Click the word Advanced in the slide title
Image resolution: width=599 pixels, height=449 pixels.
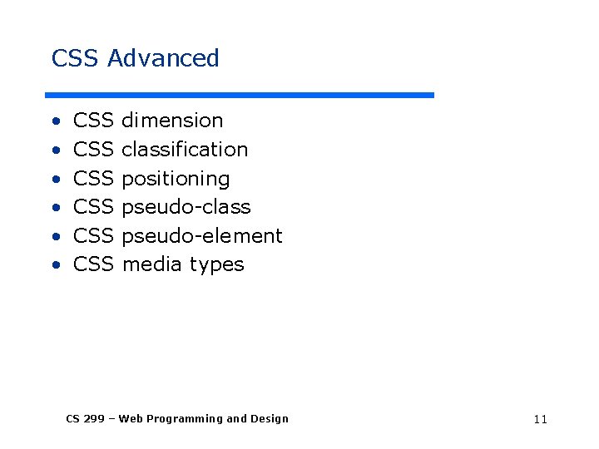point(163,58)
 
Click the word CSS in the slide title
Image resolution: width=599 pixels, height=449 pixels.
point(76,58)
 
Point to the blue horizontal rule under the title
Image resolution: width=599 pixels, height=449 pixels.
point(240,95)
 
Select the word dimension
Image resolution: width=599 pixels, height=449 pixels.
point(172,121)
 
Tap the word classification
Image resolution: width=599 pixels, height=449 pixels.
point(185,150)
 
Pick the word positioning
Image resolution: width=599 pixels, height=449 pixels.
point(176,179)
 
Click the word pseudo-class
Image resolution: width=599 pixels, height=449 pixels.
point(186,207)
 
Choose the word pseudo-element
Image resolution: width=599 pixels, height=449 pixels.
point(202,236)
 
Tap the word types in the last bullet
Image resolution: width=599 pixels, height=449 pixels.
point(217,265)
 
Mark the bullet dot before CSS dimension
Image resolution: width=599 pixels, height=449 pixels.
point(55,121)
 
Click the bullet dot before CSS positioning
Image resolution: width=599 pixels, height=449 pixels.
point(55,180)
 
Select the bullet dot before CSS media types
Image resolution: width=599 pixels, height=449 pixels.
point(55,266)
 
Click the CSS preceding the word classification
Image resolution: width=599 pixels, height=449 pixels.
point(93,150)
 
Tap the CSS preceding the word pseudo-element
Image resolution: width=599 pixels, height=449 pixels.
point(93,236)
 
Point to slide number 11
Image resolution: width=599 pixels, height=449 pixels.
point(540,419)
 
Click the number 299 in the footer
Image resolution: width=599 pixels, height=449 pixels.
point(94,419)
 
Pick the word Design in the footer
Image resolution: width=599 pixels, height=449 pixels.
point(270,419)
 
